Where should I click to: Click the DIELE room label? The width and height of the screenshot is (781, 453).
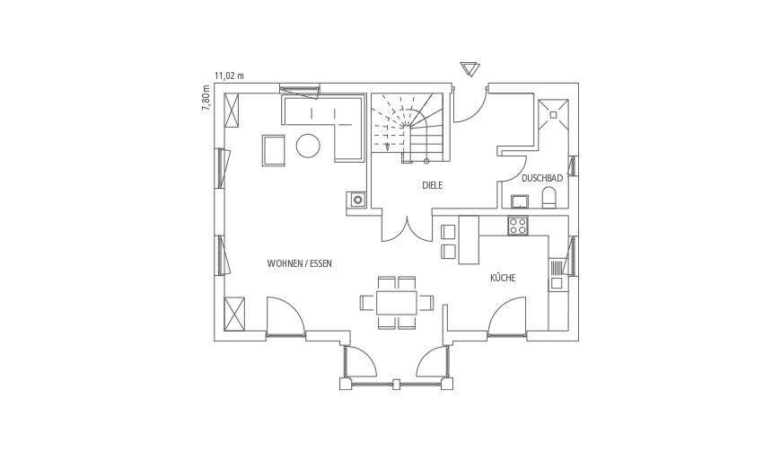click(432, 185)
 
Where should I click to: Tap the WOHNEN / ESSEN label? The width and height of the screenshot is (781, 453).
click(299, 263)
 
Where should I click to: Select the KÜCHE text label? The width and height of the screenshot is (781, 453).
click(503, 278)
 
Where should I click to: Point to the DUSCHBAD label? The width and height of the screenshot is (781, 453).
click(542, 178)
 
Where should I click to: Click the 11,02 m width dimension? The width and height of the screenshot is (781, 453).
click(229, 75)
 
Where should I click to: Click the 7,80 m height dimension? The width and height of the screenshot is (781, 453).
click(206, 98)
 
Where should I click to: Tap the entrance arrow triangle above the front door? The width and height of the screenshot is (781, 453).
click(469, 69)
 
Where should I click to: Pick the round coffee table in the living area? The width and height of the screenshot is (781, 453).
click(308, 147)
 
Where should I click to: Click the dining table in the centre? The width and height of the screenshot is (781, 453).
click(397, 303)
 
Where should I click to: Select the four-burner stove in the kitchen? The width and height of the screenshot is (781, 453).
click(517, 226)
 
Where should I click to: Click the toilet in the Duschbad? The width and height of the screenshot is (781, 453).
click(548, 198)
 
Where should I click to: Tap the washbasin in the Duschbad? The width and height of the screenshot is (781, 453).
click(521, 201)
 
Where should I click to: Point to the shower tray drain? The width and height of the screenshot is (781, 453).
click(553, 115)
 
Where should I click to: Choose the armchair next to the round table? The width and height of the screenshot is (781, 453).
click(274, 150)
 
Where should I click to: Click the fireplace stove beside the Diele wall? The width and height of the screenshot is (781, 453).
click(357, 200)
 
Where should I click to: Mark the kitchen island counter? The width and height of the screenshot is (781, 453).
click(469, 239)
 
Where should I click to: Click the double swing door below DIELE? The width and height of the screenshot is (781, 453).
click(407, 229)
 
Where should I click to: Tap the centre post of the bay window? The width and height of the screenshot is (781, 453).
click(396, 384)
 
